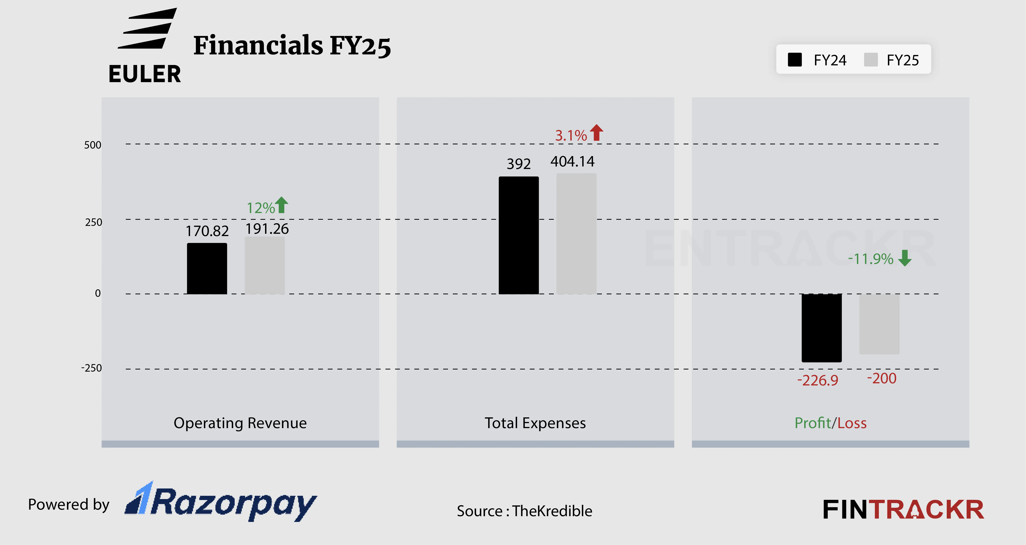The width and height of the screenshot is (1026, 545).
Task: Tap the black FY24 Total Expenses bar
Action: tap(519, 235)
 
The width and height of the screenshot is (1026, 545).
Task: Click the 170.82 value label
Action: tap(207, 231)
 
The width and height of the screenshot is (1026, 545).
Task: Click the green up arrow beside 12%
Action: tap(282, 205)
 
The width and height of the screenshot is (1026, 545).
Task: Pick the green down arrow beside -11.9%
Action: tap(905, 258)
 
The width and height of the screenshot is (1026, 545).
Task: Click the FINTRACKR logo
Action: tap(903, 510)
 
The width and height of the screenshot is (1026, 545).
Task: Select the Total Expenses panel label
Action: tap(535, 423)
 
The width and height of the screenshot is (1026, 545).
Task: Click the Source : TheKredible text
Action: tap(524, 511)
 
